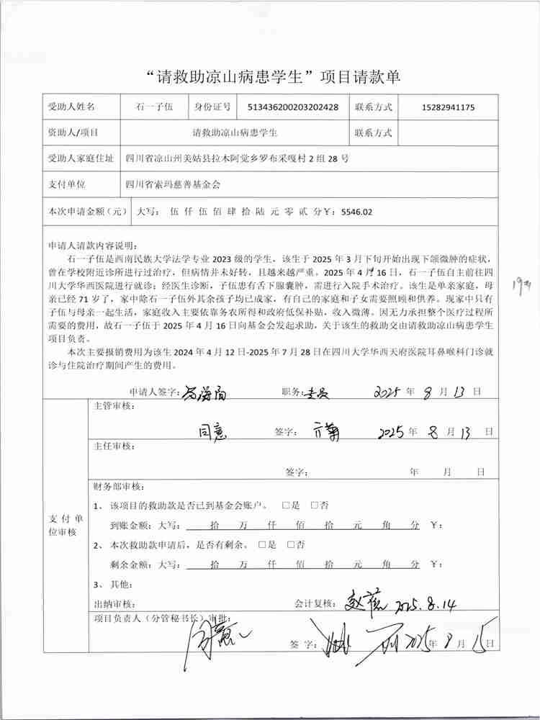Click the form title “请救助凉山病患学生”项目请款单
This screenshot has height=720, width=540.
coord(272,76)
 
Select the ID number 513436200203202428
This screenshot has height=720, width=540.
coord(288,107)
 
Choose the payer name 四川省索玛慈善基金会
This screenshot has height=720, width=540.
coord(173,184)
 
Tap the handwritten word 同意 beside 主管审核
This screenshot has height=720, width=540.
coord(214,431)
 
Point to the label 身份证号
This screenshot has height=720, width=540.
coord(212,107)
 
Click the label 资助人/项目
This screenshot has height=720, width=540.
coord(73,133)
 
